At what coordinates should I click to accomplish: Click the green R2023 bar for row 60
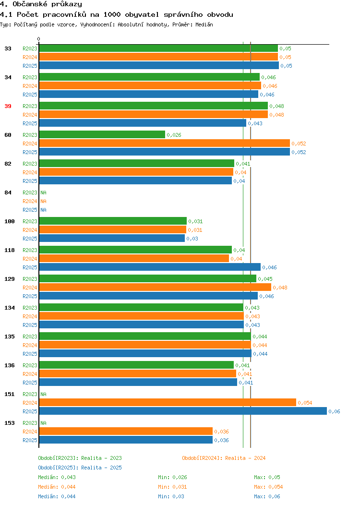click(x=102, y=134)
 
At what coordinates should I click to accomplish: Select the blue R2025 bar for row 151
click(x=183, y=411)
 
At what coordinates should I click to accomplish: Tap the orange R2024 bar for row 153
click(x=126, y=431)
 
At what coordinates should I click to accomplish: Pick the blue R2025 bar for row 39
click(x=143, y=123)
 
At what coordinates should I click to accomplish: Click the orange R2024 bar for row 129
click(x=155, y=287)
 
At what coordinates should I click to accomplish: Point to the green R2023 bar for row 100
click(x=113, y=221)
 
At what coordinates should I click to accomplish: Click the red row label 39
click(x=8, y=106)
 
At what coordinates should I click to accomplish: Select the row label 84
click(x=8, y=192)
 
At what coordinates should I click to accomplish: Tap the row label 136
click(x=10, y=365)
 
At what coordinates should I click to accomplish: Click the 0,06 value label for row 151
click(x=334, y=411)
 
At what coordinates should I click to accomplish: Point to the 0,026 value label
click(x=174, y=135)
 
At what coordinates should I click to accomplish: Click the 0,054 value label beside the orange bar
click(x=305, y=403)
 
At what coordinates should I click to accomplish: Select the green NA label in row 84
click(x=44, y=192)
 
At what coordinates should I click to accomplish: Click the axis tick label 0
click(x=39, y=39)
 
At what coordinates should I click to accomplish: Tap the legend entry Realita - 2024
click(x=245, y=458)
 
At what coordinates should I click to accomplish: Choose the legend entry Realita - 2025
click(x=101, y=468)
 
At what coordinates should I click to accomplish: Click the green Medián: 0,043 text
click(x=57, y=477)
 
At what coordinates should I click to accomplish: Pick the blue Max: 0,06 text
click(x=267, y=497)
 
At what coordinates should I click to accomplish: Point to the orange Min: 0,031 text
click(x=172, y=487)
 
